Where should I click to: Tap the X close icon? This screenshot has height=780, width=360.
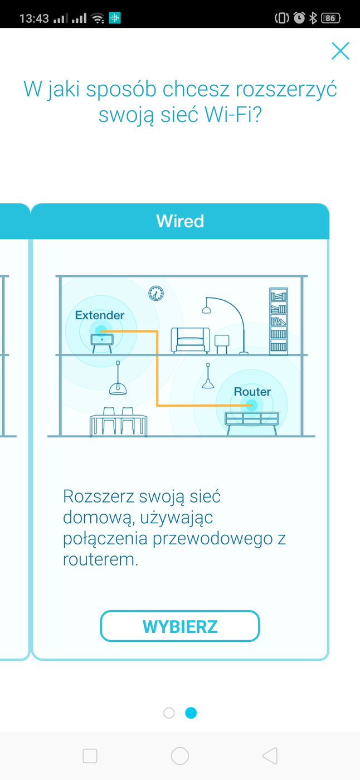coord(340,51)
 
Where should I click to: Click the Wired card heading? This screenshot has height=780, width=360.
coord(180,221)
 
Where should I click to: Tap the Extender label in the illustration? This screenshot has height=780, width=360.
coord(100,315)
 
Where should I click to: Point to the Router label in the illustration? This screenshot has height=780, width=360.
coord(252,392)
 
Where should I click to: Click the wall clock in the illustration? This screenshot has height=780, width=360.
coord(156,293)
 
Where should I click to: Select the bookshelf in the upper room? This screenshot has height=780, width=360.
coord(279,321)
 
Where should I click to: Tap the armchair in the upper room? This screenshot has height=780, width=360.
coord(190,340)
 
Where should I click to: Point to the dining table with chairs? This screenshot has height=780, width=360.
coord(118,423)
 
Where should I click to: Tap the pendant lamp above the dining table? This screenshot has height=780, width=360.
coord(118,387)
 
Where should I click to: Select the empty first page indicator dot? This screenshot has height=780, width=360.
coord(169,713)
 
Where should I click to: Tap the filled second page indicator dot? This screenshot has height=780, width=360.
coord(191,713)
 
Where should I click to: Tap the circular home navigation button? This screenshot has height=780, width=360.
coord(180,755)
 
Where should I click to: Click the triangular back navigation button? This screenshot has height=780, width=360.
coord(270,755)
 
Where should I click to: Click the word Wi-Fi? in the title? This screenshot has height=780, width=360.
coord(233,115)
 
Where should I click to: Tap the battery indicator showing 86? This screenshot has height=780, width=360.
coord(331,18)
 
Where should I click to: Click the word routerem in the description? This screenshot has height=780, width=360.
coord(100,559)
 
